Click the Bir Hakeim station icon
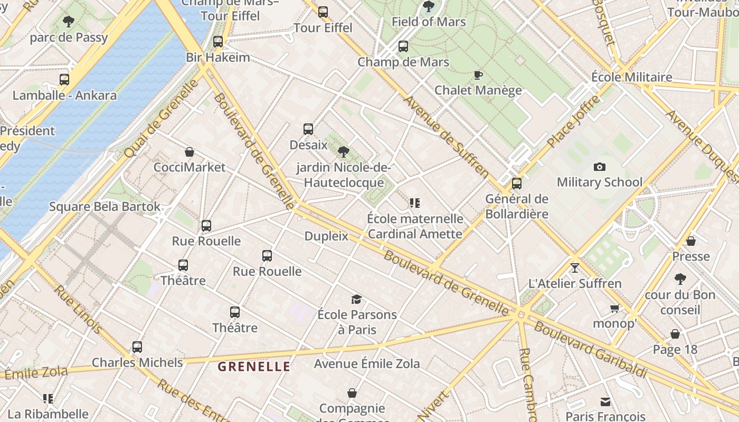[x=218, y=42]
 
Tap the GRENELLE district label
[x=254, y=367]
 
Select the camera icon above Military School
[x=599, y=167]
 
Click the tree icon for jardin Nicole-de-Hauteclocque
[x=344, y=152]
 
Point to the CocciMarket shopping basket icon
[x=190, y=152]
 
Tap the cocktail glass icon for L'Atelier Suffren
[x=575, y=268]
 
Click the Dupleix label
[x=326, y=236]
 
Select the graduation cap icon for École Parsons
[x=356, y=300]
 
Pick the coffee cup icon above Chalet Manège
[x=478, y=75]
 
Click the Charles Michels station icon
[x=137, y=347]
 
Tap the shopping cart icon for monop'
[x=614, y=308]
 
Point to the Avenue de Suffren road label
[x=447, y=136]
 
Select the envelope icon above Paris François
[x=605, y=402]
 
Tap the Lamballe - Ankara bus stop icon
[x=64, y=80]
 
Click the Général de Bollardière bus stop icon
[x=517, y=184]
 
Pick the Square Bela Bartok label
[x=105, y=206]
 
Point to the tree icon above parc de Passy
[x=68, y=22]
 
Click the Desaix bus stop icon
[x=308, y=129]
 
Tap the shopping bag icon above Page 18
[x=675, y=334]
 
